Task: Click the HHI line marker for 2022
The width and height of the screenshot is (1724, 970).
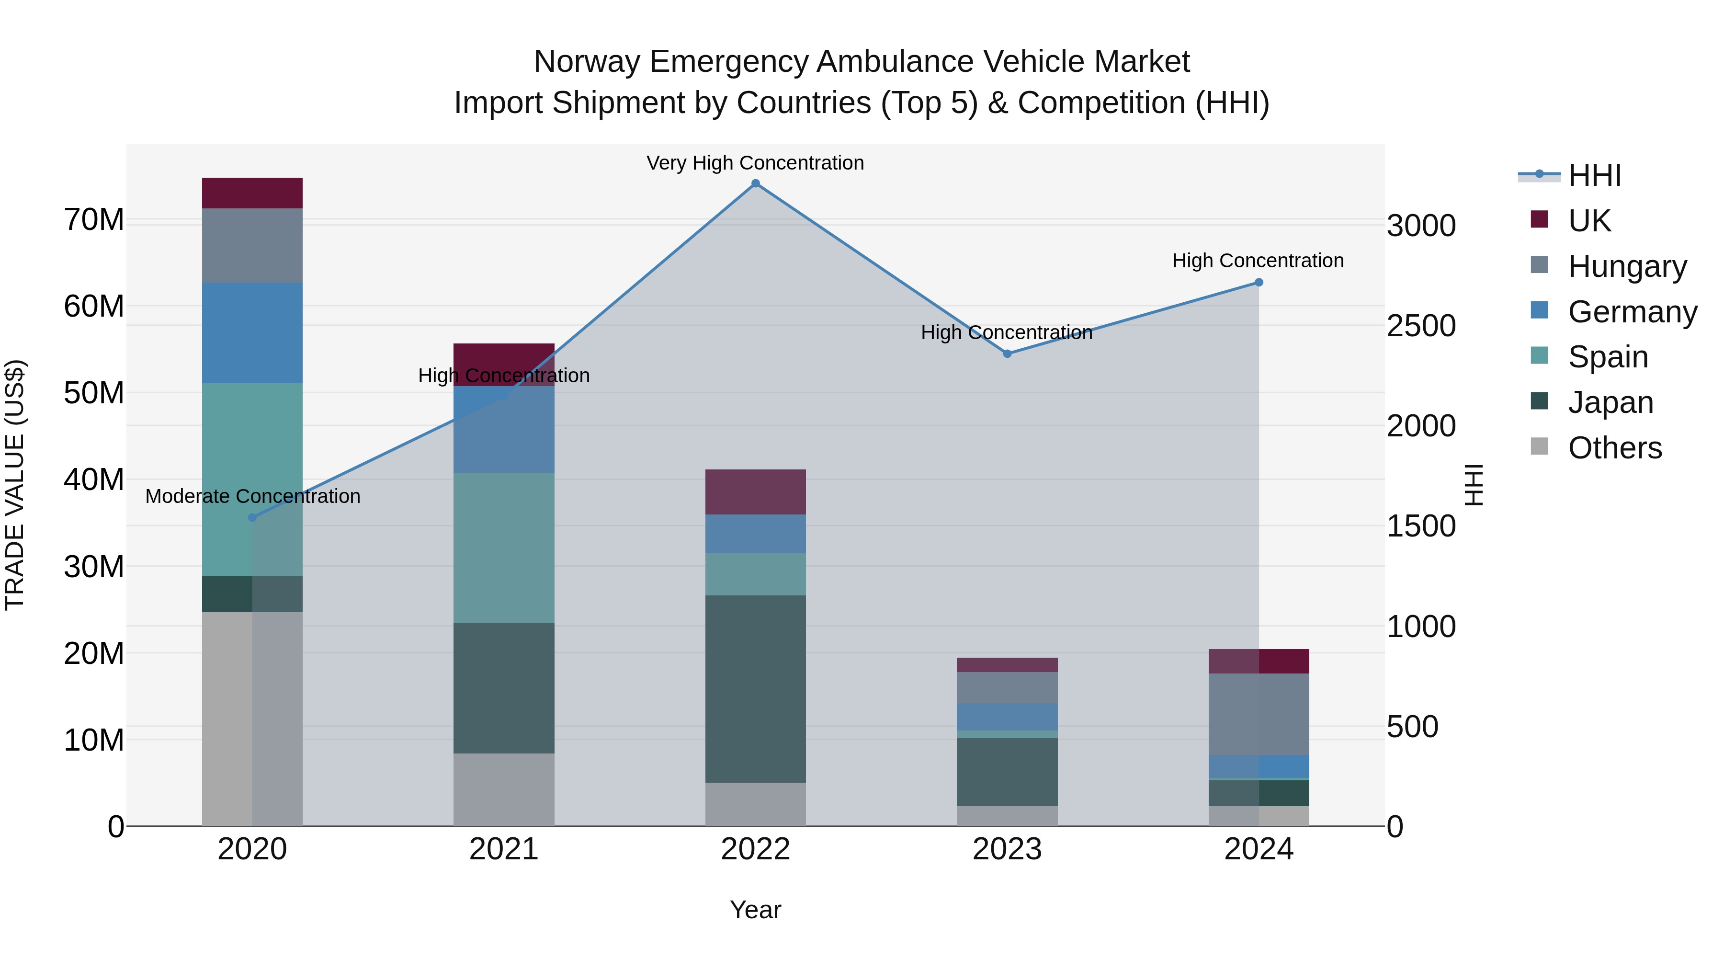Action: click(756, 183)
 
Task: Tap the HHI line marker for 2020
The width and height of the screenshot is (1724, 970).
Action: click(252, 517)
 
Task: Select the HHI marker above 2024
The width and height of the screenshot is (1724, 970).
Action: click(1258, 283)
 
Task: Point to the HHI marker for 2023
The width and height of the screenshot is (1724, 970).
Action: click(1007, 354)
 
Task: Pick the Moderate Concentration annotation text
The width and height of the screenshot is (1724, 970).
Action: click(252, 497)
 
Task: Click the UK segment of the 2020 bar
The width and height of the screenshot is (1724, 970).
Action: click(252, 194)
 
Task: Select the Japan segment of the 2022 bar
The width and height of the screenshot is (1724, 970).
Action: click(756, 689)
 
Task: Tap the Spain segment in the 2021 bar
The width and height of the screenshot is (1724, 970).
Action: click(504, 548)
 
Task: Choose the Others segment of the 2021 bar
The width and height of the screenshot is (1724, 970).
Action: click(504, 789)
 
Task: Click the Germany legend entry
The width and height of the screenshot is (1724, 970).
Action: click(1632, 312)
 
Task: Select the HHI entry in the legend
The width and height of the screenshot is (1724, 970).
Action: click(1594, 175)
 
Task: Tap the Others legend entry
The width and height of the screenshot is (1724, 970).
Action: click(1614, 448)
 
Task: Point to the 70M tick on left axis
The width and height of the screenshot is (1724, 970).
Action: click(94, 220)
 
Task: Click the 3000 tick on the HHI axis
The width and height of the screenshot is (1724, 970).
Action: click(1421, 226)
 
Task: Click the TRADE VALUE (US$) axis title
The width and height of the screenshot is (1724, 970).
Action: click(15, 485)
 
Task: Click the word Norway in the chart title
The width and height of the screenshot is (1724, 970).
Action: click(586, 62)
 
